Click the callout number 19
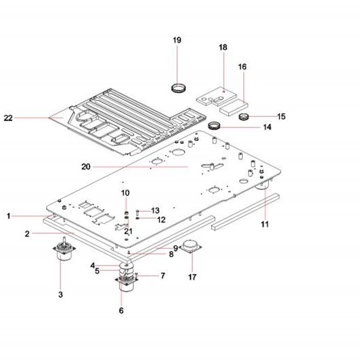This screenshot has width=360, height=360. (x=177, y=40)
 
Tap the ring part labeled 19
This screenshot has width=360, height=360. (x=179, y=88)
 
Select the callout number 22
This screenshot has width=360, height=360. (x=8, y=118)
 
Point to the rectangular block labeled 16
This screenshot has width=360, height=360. (x=234, y=107)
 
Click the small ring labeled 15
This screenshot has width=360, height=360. (x=244, y=117)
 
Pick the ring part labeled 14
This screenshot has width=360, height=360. (x=214, y=125)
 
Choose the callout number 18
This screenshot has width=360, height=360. (x=223, y=47)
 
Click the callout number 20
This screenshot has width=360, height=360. (x=86, y=167)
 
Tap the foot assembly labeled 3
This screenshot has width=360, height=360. (x=64, y=250)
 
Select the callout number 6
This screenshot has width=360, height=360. (x=121, y=311)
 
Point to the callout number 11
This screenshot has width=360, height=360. (x=265, y=224)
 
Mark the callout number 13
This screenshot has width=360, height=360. (x=155, y=211)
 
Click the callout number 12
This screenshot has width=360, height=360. (x=162, y=220)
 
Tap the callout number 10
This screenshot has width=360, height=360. (x=125, y=193)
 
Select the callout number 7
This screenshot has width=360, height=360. (x=163, y=275)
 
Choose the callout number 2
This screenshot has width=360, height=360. (x=27, y=234)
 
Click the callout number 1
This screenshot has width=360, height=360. (x=8, y=216)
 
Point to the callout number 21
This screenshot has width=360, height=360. (x=128, y=231)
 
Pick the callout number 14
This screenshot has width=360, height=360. (x=267, y=127)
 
